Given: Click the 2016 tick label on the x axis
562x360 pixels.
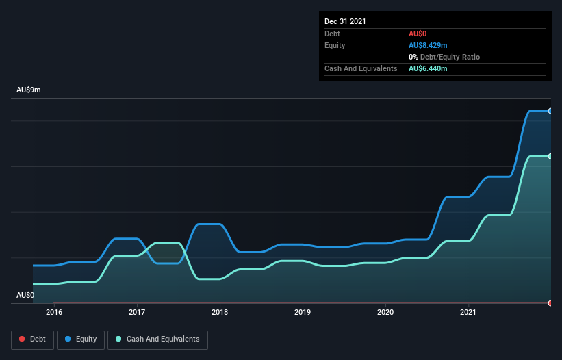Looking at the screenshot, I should pos(54,313).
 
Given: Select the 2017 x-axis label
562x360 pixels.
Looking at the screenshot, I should pos(137,313).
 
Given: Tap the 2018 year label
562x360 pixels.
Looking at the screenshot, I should pos(220,313).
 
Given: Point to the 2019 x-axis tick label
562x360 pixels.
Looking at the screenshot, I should pos(303,313).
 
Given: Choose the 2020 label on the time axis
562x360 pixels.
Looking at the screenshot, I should pos(385,313).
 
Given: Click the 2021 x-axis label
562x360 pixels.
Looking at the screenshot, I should pos(468,313).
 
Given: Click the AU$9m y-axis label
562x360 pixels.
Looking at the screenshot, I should pos(29,90).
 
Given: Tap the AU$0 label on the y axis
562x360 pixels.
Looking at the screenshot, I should pos(25,295).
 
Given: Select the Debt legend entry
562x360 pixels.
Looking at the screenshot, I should pos(32,339).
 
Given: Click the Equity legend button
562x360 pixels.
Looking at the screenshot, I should pos(81,339).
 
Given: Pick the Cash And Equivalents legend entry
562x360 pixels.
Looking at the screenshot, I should pos(157,339).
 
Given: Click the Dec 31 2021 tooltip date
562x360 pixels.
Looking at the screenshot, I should pos(345,21).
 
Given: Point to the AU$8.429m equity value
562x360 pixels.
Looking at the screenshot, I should pos(428,45).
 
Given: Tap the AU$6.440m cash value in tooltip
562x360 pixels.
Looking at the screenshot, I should pos(428,68).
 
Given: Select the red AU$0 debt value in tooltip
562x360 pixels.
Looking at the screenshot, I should pos(418,34).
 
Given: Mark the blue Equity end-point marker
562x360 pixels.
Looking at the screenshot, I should pos(550,111).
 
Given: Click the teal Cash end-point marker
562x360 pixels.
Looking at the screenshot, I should pos(550,156).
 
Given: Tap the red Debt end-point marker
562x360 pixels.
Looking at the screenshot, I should pos(550,303).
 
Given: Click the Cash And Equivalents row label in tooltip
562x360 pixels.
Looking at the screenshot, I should pos(361,68).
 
